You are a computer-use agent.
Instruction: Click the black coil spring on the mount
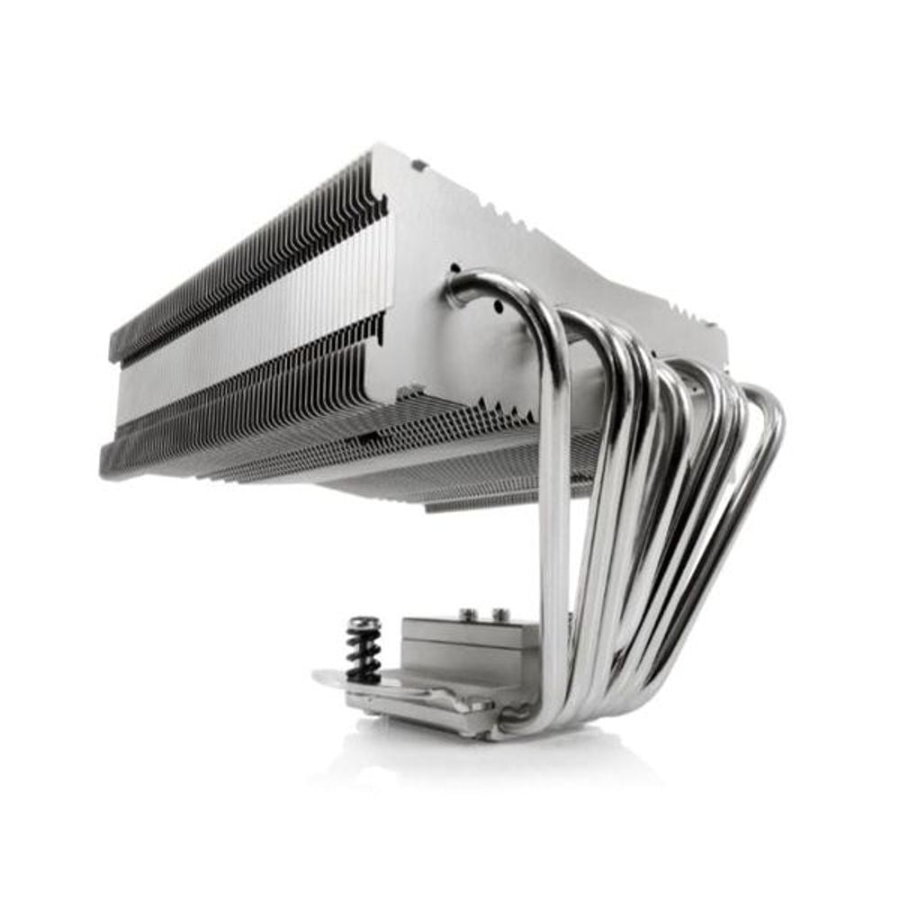tap(363, 655)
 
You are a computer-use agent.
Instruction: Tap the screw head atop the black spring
tap(364, 623)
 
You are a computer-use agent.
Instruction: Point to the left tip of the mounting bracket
tap(320, 676)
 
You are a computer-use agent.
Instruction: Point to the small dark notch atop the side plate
tap(418, 166)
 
